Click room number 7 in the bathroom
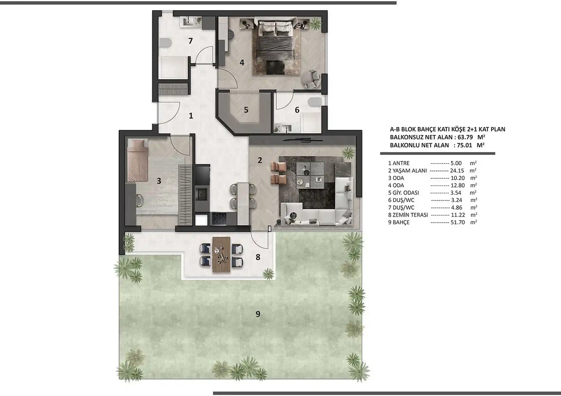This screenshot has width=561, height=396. pos(191,41)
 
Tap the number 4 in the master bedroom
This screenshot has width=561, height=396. pos(242,62)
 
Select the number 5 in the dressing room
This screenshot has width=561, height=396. pos(246,110)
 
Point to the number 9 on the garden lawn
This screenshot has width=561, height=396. pos(258,314)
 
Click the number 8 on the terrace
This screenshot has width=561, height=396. pos(258,257)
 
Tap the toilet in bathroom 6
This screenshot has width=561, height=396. pos(314,102)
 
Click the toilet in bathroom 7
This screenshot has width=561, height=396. pos(165,43)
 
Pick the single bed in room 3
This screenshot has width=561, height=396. pos(137,160)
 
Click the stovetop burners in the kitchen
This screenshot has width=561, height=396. pos(219,219)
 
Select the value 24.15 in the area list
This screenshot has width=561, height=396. pos(457,170)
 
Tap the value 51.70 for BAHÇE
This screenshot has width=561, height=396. pos(458,222)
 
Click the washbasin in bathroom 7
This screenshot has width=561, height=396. pos(188,21)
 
